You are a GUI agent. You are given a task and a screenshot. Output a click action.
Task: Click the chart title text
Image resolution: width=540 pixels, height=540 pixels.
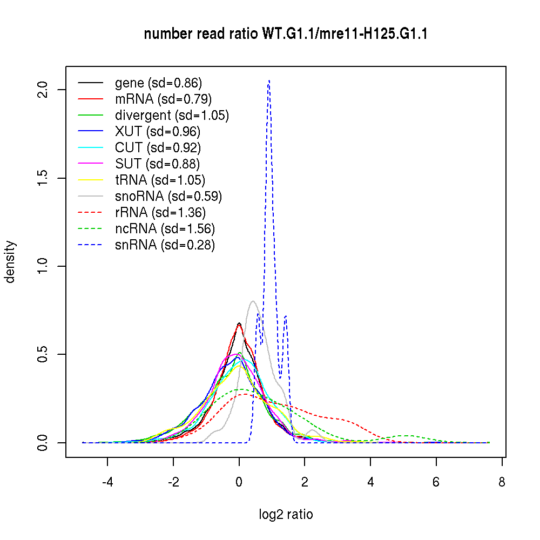click(x=286, y=35)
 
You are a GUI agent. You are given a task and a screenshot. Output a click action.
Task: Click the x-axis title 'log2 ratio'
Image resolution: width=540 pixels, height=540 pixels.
click(x=286, y=515)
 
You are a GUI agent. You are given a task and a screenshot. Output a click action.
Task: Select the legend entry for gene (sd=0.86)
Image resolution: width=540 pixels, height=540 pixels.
click(x=158, y=83)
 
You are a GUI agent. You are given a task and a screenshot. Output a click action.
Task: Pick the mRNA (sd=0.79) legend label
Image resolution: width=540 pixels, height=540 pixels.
click(x=163, y=99)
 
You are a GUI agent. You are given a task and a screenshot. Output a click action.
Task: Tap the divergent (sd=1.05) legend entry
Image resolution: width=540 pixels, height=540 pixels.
click(x=172, y=116)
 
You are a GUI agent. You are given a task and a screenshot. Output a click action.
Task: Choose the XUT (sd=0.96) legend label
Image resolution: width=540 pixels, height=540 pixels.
click(x=158, y=132)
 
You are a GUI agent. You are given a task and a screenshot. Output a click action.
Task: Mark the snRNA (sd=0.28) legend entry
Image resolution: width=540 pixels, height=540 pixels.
click(x=165, y=245)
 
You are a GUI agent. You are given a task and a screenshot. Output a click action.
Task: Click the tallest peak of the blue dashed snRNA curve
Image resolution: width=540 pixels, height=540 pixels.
click(x=268, y=80)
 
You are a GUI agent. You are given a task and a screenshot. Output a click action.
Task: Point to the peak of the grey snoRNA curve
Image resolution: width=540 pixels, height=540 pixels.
click(x=253, y=301)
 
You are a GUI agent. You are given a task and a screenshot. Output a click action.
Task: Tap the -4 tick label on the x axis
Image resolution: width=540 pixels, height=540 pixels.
click(x=107, y=482)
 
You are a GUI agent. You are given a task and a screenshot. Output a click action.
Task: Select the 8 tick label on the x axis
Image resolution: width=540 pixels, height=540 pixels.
click(x=502, y=482)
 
